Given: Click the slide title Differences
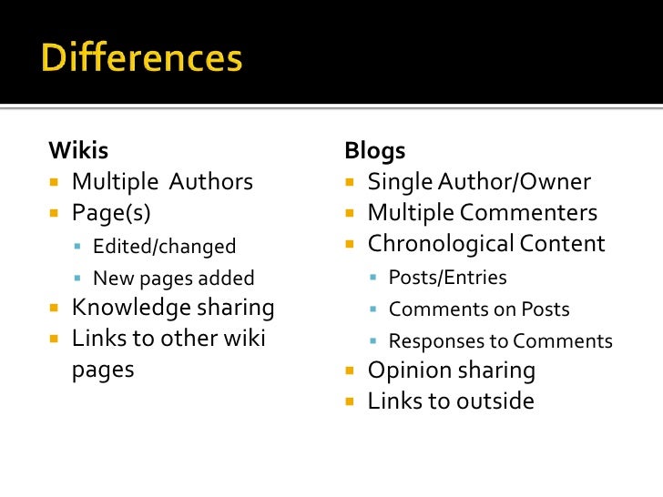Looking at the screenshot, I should point(141,59).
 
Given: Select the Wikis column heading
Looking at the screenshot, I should point(77,150).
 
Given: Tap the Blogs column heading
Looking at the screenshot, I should point(374,150).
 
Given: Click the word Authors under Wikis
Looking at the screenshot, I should point(210,182).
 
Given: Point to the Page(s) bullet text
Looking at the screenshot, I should point(111,213).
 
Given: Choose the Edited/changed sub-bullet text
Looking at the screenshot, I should point(164,247).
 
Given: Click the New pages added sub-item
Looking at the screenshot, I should point(173,279).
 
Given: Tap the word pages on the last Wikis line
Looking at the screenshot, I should point(103,370).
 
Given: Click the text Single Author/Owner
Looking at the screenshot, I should point(479,182).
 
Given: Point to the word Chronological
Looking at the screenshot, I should point(440,244).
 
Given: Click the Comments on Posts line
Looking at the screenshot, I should point(479,309).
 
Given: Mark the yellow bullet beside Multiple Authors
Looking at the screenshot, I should point(55,183).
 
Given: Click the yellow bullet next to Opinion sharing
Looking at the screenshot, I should point(351,371).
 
